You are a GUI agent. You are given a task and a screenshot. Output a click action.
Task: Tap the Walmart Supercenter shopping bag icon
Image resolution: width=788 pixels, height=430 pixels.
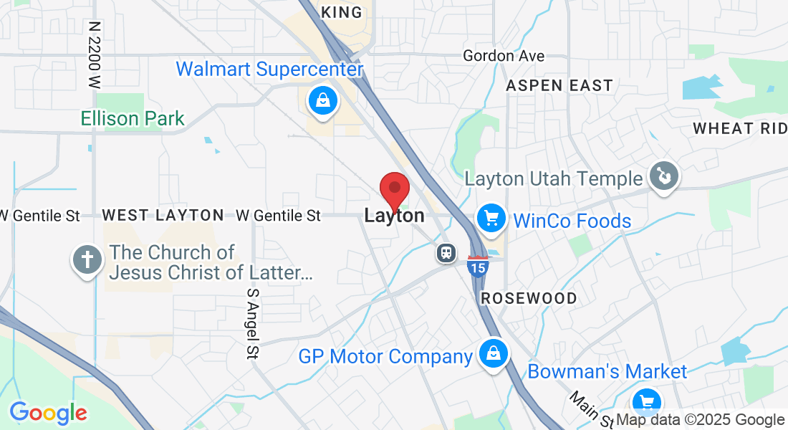click(x=324, y=100)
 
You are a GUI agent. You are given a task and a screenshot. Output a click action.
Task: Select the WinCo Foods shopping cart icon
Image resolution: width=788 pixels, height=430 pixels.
click(x=492, y=218)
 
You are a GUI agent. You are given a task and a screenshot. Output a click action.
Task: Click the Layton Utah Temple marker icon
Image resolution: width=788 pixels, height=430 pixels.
click(x=663, y=176)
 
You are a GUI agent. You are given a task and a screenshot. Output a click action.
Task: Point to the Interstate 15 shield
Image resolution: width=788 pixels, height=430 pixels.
click(x=478, y=266)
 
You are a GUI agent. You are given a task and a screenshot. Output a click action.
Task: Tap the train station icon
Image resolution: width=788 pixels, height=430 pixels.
click(x=446, y=252)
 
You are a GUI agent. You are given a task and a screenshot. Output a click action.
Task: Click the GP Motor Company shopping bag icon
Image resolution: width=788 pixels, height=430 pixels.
click(x=493, y=353)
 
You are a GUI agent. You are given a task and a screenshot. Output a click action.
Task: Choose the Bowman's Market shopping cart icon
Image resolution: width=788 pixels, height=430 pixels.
click(x=646, y=401)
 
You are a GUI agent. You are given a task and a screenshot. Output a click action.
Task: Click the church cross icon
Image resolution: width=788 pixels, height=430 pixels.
click(x=87, y=260)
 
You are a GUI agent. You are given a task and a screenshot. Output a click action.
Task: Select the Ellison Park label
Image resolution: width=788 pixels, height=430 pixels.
click(x=133, y=118)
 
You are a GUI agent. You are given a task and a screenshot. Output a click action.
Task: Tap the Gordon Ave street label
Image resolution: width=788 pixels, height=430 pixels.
click(x=504, y=55)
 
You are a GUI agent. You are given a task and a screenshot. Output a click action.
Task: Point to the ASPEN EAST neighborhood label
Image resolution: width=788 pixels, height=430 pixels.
click(x=559, y=86)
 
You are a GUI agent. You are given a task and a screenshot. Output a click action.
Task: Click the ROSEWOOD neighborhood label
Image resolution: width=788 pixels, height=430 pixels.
click(x=529, y=298)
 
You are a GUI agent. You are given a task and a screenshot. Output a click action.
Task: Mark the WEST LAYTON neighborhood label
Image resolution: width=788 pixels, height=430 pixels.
click(x=163, y=215)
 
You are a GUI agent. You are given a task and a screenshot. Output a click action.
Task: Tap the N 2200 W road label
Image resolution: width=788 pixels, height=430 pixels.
click(x=94, y=54)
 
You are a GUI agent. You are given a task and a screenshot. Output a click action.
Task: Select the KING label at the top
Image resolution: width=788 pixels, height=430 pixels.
click(x=342, y=12)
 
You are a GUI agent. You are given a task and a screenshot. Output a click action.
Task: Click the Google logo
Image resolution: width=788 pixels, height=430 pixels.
click(x=48, y=413)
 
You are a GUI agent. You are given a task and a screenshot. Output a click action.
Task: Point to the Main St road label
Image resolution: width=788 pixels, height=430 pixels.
click(x=592, y=409)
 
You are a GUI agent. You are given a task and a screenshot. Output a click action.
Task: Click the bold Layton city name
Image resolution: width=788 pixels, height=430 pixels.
click(x=394, y=215)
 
